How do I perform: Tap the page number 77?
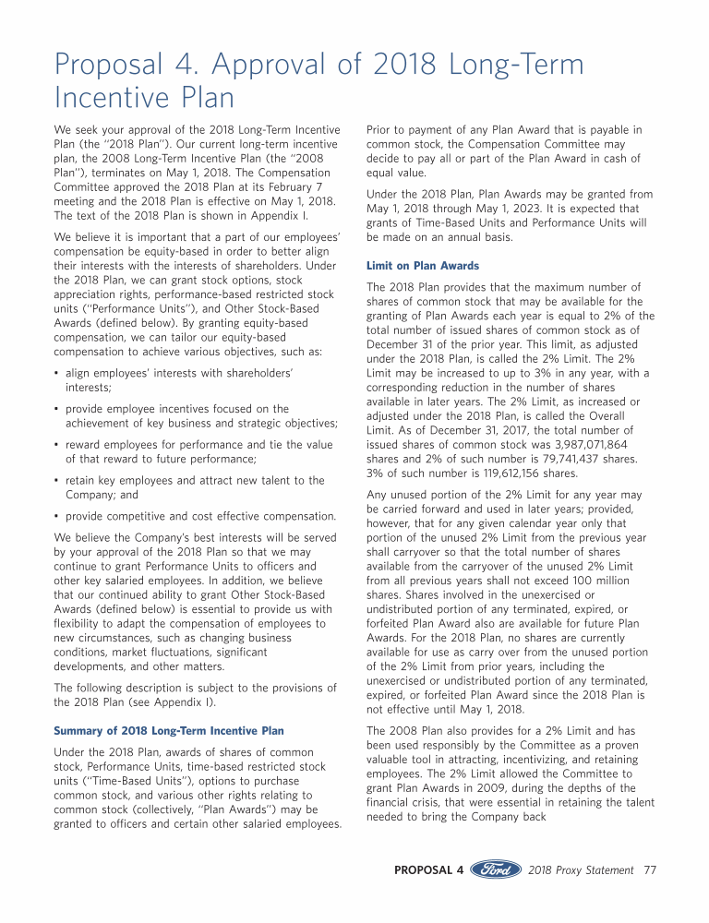(650, 869)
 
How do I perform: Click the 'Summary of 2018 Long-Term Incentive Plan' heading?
(169, 731)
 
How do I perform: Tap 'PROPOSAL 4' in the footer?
(428, 869)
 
